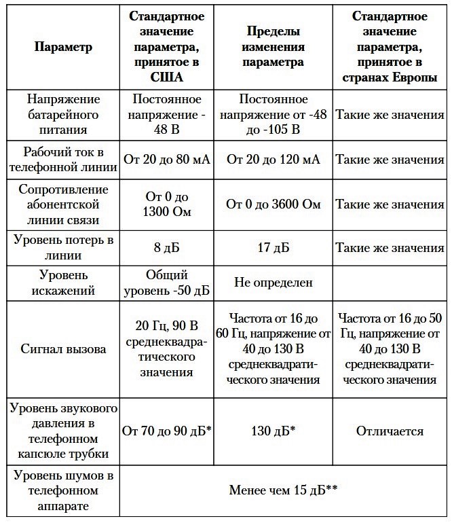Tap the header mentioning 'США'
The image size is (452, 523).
tap(166, 47)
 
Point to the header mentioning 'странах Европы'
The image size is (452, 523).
tap(390, 47)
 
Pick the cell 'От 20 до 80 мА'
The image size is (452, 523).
tap(166, 160)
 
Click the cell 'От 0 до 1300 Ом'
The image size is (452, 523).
tap(166, 204)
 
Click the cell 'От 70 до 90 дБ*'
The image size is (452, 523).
tap(166, 431)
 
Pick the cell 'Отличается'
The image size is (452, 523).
tap(390, 431)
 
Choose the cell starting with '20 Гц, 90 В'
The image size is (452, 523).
tap(166, 350)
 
